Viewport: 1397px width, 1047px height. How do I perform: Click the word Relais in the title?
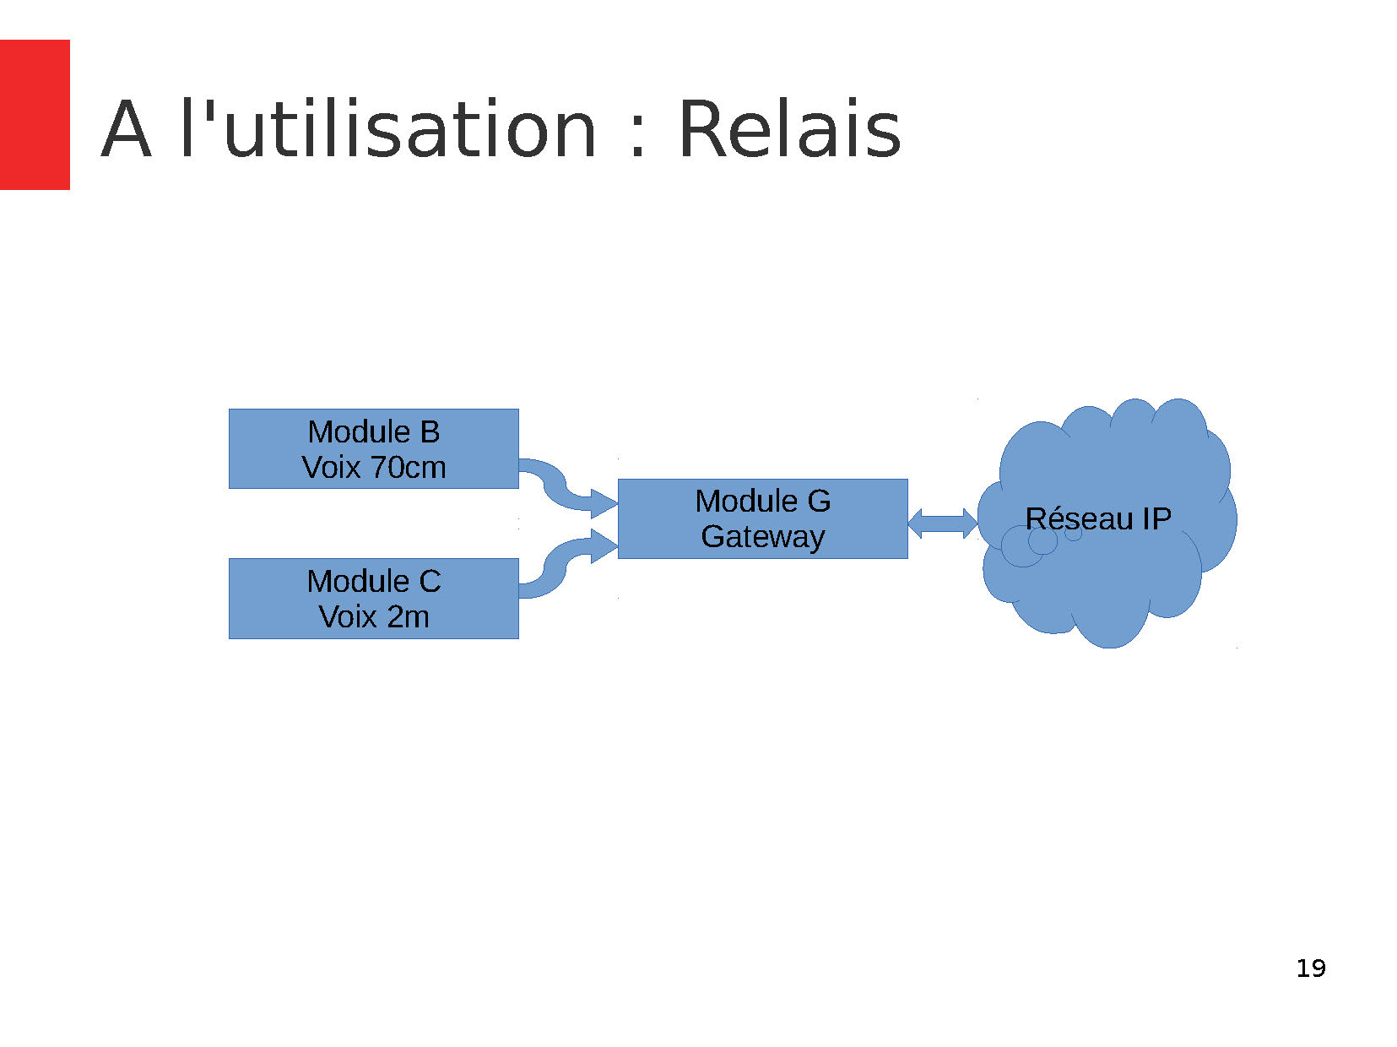789,128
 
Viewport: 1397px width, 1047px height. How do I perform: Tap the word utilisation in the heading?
409,128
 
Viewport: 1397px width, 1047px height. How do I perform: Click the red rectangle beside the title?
35,115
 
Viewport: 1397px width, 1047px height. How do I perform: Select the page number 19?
1310,968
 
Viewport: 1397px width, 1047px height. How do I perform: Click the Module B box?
374,448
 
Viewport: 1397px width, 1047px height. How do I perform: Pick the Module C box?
374,599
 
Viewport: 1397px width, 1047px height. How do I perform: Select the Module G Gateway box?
762,518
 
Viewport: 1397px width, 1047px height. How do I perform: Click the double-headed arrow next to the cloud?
943,523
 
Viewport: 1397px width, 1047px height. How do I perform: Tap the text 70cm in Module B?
408,467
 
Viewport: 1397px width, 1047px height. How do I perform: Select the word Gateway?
762,536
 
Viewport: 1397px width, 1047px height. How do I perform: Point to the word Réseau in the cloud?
1079,518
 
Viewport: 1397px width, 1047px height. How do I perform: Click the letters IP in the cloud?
1156,518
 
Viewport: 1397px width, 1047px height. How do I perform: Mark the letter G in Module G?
819,501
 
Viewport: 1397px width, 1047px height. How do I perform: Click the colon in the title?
637,138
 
